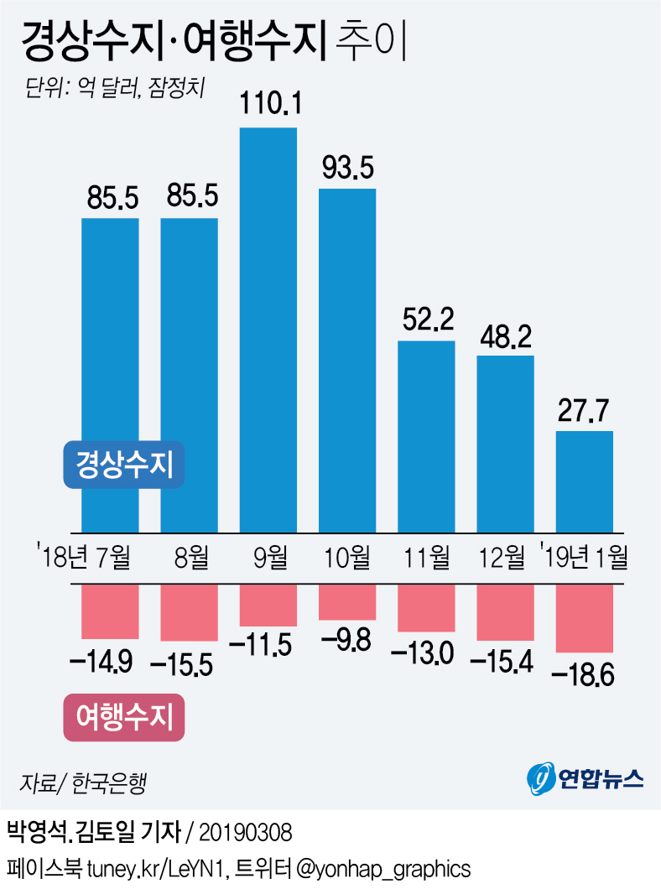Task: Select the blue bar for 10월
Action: tap(347, 360)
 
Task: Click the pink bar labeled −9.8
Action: tap(347, 602)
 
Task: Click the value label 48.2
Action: tap(505, 336)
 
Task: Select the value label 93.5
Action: tap(347, 169)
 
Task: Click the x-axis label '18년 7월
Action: tap(85, 556)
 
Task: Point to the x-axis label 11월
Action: tap(426, 556)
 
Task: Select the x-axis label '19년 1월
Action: tap(585, 556)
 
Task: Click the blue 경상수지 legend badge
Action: tap(124, 464)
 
